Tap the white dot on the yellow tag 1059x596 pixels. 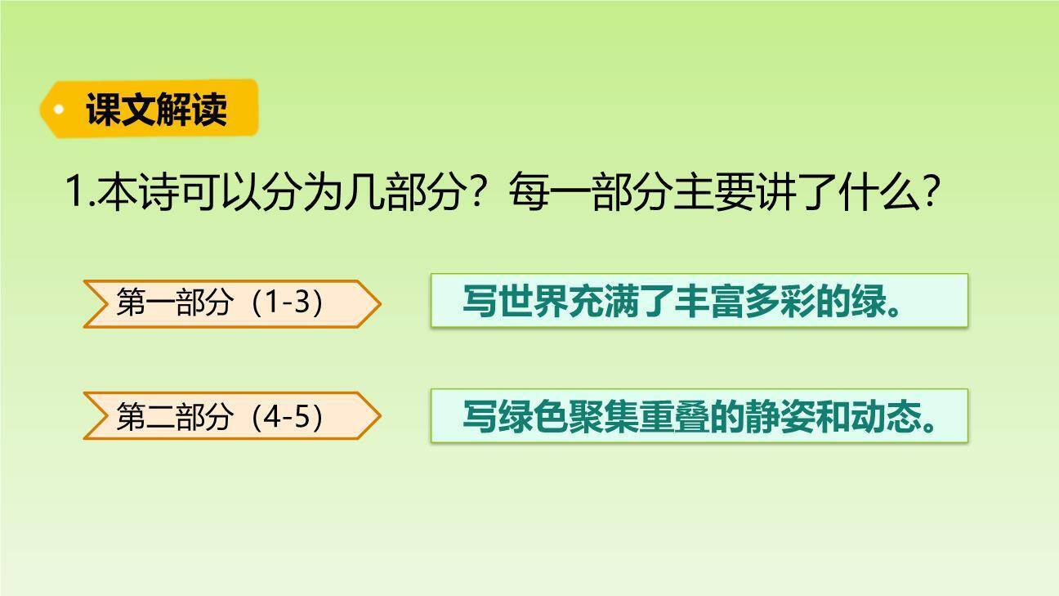tap(58, 109)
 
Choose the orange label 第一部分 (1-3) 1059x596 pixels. tap(231, 303)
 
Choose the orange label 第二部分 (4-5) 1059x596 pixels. tap(231, 417)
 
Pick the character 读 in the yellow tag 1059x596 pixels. tap(210, 109)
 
